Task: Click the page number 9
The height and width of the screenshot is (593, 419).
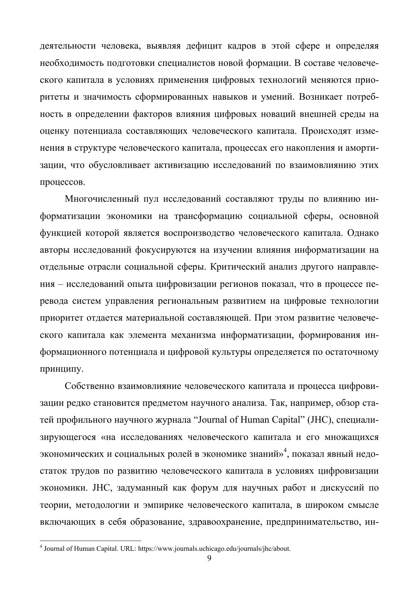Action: (209, 558)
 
